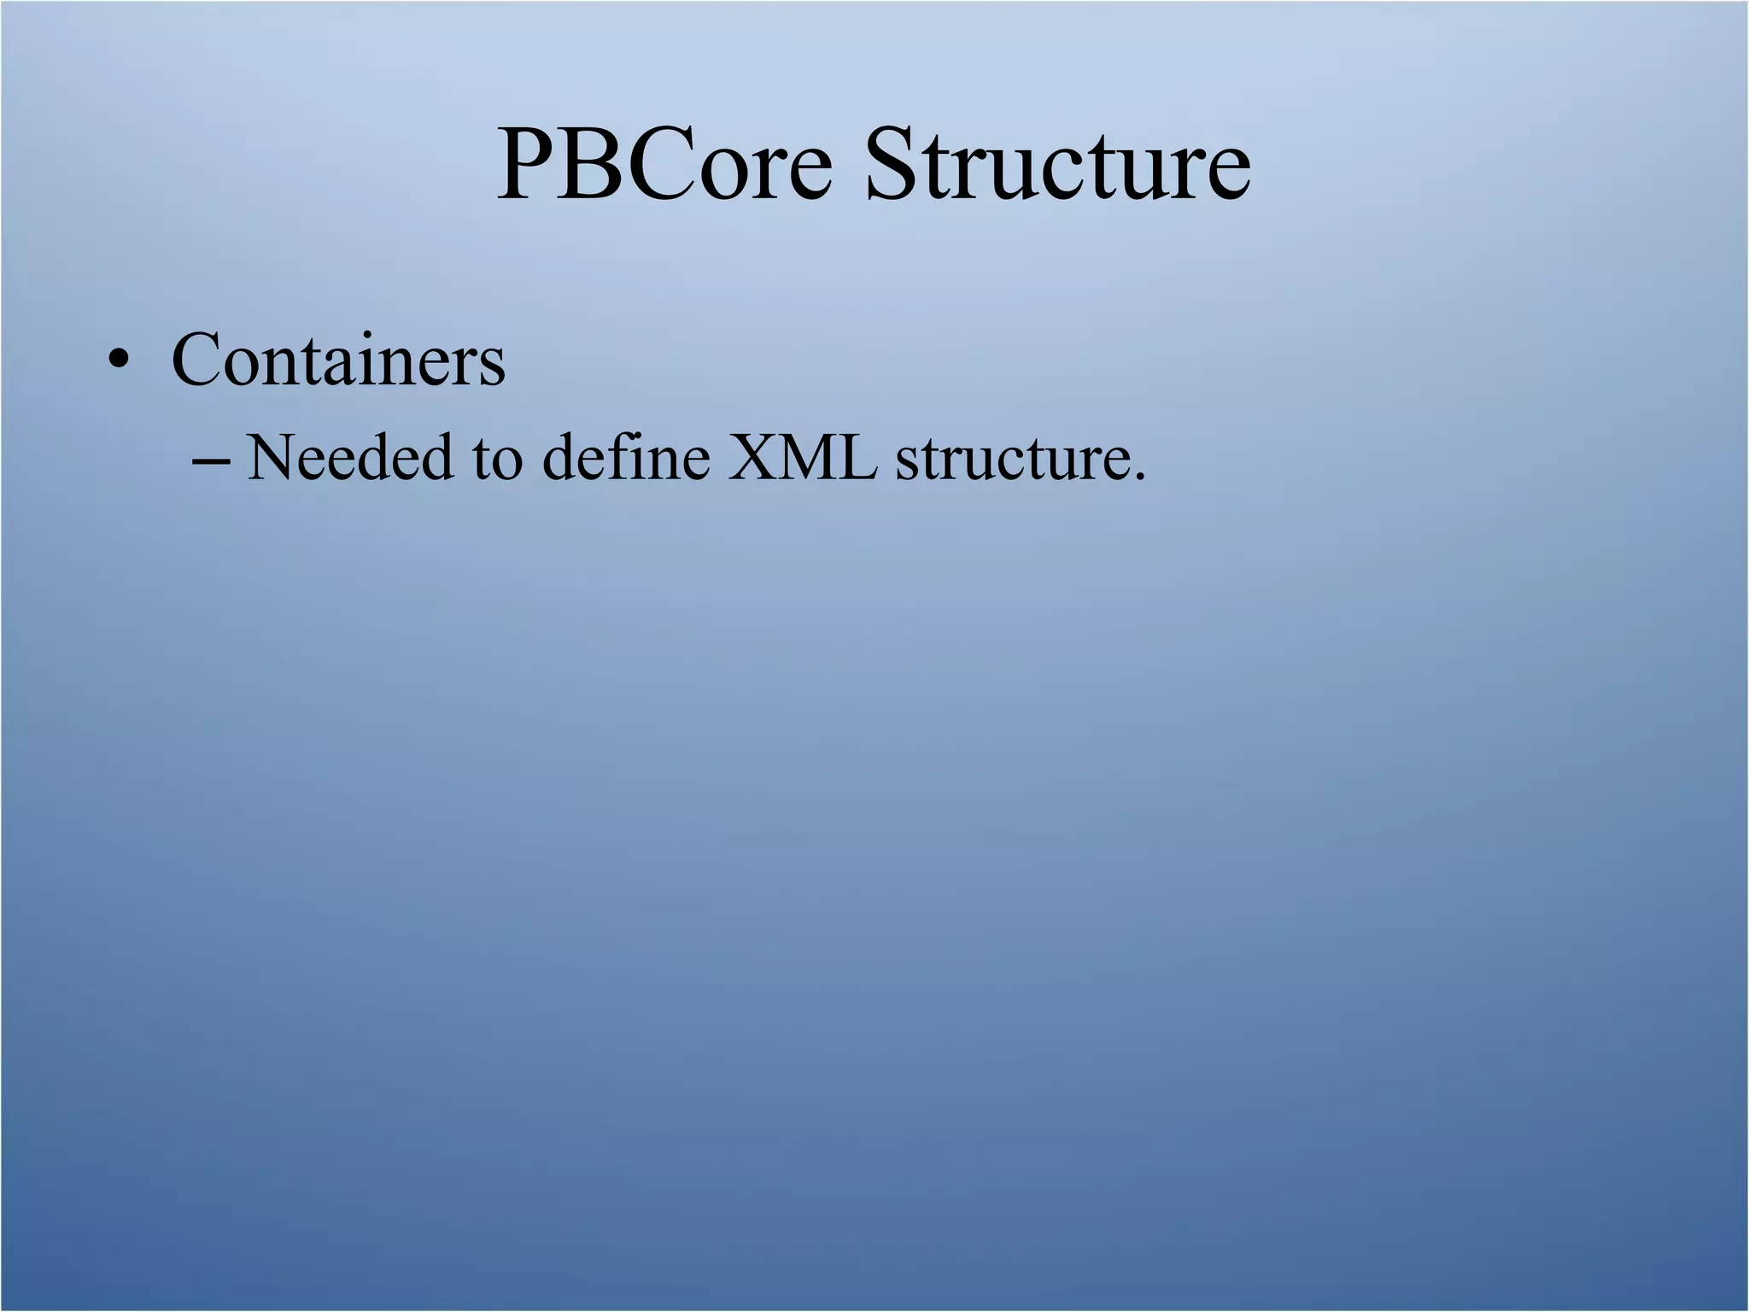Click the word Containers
coord(338,360)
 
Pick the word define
coord(626,457)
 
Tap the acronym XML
coord(802,457)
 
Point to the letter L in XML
coord(859,457)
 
